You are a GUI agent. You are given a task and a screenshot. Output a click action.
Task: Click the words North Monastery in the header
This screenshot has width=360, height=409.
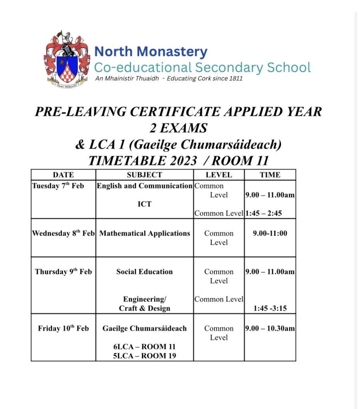coord(151,52)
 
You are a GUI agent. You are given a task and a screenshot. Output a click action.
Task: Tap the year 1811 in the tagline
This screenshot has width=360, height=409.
coord(235,78)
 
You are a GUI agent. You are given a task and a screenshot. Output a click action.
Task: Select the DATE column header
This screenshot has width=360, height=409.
coord(63,175)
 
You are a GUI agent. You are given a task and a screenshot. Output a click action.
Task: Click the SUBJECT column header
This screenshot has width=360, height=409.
coord(144,175)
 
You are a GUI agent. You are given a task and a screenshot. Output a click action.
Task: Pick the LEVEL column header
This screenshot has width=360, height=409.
coord(219,175)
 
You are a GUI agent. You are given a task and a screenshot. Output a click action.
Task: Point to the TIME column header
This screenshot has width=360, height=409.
coord(270,175)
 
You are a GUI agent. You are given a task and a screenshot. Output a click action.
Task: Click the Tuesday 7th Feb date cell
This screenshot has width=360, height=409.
coord(58,186)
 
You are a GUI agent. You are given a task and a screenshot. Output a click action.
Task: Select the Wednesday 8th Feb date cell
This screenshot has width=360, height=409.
coord(63,233)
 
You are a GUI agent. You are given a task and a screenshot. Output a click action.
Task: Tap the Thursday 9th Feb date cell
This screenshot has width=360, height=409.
coord(63,272)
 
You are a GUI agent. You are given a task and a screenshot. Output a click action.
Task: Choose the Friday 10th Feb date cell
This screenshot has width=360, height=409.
coord(63,328)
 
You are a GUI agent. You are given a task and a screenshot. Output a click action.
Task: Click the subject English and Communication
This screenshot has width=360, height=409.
coord(144,186)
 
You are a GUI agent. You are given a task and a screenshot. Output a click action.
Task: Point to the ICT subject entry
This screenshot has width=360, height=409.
coord(144,204)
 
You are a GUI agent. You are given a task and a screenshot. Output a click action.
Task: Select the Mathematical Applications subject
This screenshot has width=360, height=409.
coord(144,233)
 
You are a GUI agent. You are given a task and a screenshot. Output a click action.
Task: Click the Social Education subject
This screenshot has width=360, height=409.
coord(144,272)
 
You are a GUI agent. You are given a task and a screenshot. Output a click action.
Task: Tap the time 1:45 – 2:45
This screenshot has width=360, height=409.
coord(263,213)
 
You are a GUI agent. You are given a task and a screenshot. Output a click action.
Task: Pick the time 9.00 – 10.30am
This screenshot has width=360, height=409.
coord(270,328)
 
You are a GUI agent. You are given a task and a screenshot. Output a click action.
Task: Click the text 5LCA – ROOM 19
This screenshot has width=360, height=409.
coord(144,356)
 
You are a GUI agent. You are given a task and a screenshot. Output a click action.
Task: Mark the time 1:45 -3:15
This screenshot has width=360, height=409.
coord(270,308)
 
